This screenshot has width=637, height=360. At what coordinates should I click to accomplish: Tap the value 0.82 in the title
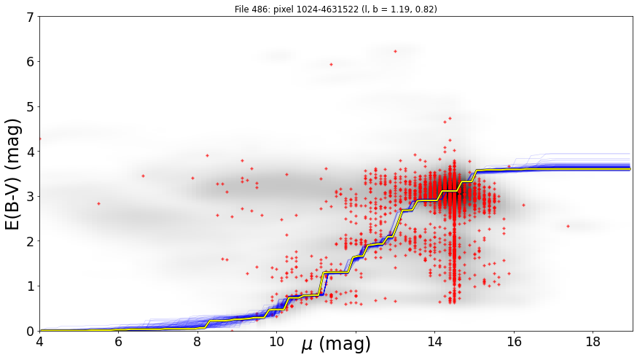tap(426, 9)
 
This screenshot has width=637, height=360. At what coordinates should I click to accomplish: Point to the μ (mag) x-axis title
tap(336, 344)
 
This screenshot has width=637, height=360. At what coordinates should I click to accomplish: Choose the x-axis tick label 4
tap(39, 342)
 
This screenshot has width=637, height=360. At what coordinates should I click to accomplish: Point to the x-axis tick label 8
tap(198, 342)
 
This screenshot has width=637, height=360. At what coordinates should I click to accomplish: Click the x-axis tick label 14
tap(434, 342)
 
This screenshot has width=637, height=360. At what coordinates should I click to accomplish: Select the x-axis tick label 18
tap(593, 342)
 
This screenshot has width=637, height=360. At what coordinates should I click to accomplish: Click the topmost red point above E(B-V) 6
tap(395, 51)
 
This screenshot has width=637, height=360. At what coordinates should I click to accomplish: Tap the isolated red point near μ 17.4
tap(568, 226)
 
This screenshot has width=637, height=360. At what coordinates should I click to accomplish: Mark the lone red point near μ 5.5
tap(98, 203)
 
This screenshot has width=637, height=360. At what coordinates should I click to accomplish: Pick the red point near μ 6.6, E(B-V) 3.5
tap(143, 176)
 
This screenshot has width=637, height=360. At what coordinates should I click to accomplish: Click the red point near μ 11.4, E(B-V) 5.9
tap(331, 65)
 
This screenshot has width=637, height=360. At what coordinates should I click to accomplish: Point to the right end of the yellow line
tap(630, 168)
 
